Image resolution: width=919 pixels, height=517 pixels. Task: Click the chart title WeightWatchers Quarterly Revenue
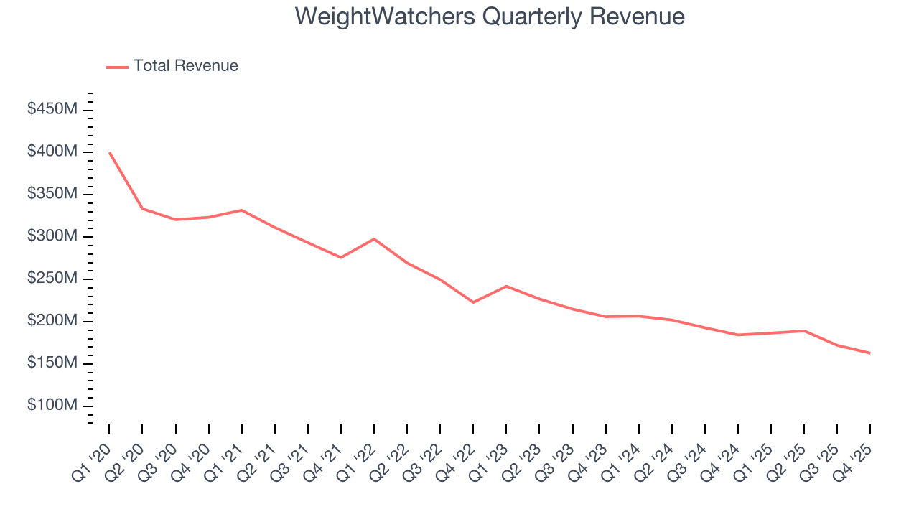490,17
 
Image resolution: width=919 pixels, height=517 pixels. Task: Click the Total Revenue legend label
185,66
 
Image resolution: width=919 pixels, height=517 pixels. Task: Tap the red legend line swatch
117,67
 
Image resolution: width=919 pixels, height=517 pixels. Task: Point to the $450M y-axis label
52,109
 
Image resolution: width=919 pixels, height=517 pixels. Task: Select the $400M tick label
52,152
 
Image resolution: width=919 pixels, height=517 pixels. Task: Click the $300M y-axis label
52,236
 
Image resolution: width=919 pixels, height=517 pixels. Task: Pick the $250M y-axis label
52,279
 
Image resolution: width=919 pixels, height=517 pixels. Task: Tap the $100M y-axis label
52,406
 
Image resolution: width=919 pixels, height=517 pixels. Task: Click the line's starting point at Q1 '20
109,152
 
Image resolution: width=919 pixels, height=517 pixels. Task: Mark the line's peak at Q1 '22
374,238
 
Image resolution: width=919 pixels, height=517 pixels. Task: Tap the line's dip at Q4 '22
473,302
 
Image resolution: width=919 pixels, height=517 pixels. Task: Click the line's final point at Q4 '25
870,353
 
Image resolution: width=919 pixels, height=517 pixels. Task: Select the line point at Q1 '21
241,210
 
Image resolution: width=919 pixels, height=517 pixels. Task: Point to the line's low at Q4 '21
340,258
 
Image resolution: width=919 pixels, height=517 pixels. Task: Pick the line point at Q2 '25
804,331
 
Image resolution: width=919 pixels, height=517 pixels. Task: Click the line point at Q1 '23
506,286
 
